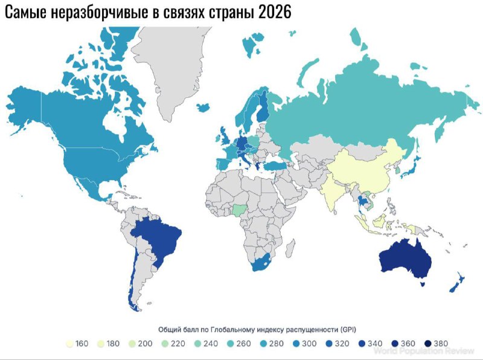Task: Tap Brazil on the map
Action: click(158, 239)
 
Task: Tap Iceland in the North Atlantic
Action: click(203, 106)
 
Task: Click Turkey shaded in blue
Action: click(278, 166)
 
